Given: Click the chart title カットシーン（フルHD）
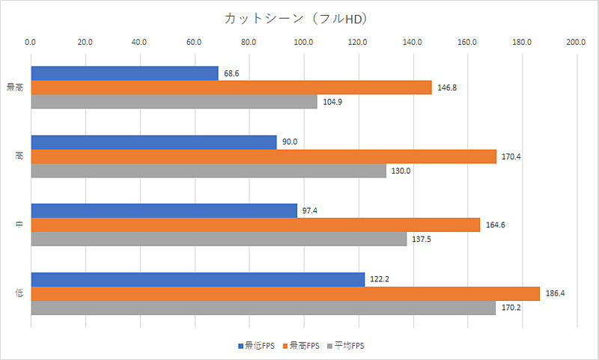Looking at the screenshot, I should click(x=299, y=17).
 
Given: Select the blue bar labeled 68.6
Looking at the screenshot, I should click(x=124, y=73).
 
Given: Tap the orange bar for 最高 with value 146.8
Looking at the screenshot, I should click(x=231, y=88).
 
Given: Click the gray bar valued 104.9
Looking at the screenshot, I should click(x=174, y=102).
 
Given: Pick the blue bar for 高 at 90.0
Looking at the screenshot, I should click(x=153, y=142).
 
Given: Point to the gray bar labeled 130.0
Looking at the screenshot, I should click(x=208, y=171).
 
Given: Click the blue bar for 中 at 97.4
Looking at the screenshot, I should click(x=164, y=211).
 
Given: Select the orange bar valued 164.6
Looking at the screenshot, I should click(x=255, y=225).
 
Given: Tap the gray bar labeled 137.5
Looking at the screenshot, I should click(x=219, y=240).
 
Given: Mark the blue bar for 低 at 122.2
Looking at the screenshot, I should click(x=198, y=279).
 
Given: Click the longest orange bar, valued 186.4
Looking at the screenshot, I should click(x=285, y=293).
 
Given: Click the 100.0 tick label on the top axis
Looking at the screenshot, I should click(x=303, y=43).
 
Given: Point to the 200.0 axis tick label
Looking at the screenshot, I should click(x=576, y=43).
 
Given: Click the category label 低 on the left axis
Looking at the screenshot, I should click(x=18, y=293).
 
